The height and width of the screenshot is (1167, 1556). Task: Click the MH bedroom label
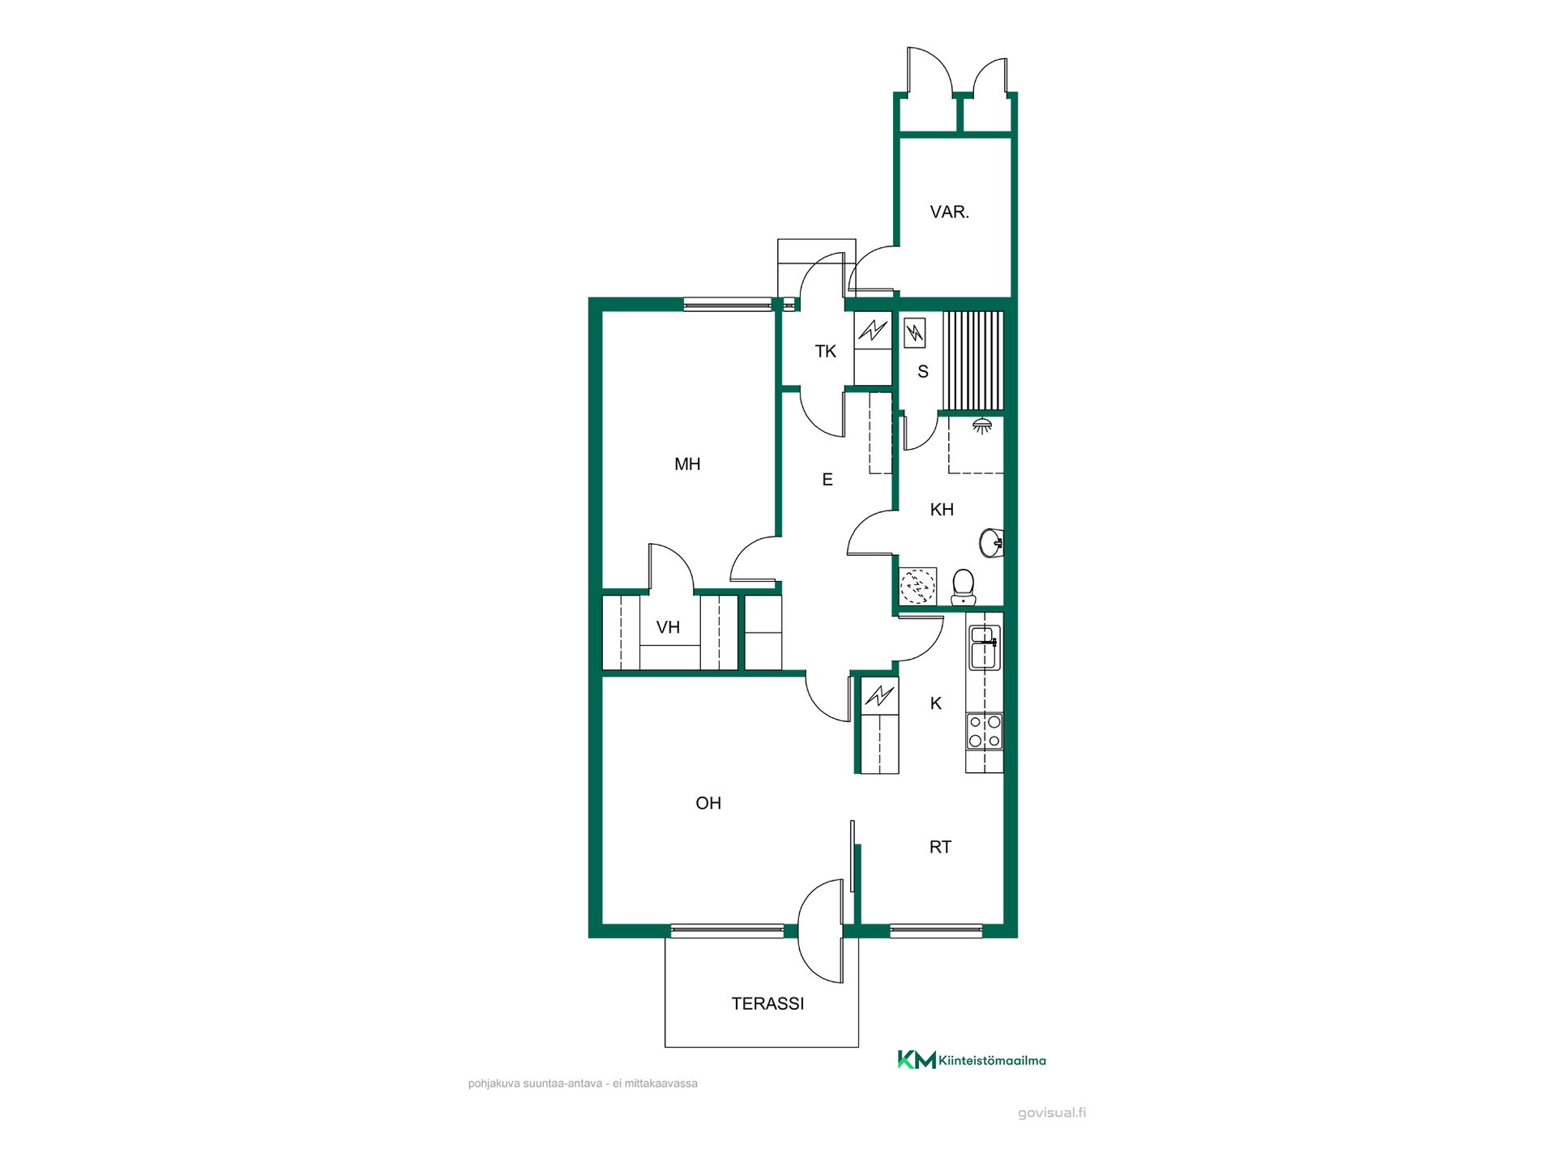point(687,464)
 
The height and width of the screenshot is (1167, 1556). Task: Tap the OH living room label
point(708,803)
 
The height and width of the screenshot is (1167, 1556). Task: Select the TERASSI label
point(767,1003)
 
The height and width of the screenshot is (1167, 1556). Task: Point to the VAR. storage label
point(949,212)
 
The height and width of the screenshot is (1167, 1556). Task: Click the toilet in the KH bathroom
point(963,587)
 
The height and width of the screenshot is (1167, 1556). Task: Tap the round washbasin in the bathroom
point(991,542)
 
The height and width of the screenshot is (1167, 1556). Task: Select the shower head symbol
point(982,425)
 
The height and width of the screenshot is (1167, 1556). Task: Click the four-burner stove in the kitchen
point(984,730)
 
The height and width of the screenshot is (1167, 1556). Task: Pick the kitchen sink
point(984,648)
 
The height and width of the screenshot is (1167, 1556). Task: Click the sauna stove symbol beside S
point(914,332)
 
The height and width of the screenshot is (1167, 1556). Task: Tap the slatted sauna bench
point(972,361)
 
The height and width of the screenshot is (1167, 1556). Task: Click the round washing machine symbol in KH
point(918,586)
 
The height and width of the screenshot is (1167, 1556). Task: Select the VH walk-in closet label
point(668,627)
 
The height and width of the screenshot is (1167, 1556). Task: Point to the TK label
point(825,352)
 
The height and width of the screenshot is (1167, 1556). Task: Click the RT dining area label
point(940,847)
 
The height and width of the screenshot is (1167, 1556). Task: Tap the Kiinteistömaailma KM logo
point(971,1059)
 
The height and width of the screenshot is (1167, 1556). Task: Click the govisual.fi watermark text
point(1052,1113)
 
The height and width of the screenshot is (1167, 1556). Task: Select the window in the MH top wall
point(727,305)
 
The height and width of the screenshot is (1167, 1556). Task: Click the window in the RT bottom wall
point(936,931)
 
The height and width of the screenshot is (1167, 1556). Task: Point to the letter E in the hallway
point(827,480)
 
